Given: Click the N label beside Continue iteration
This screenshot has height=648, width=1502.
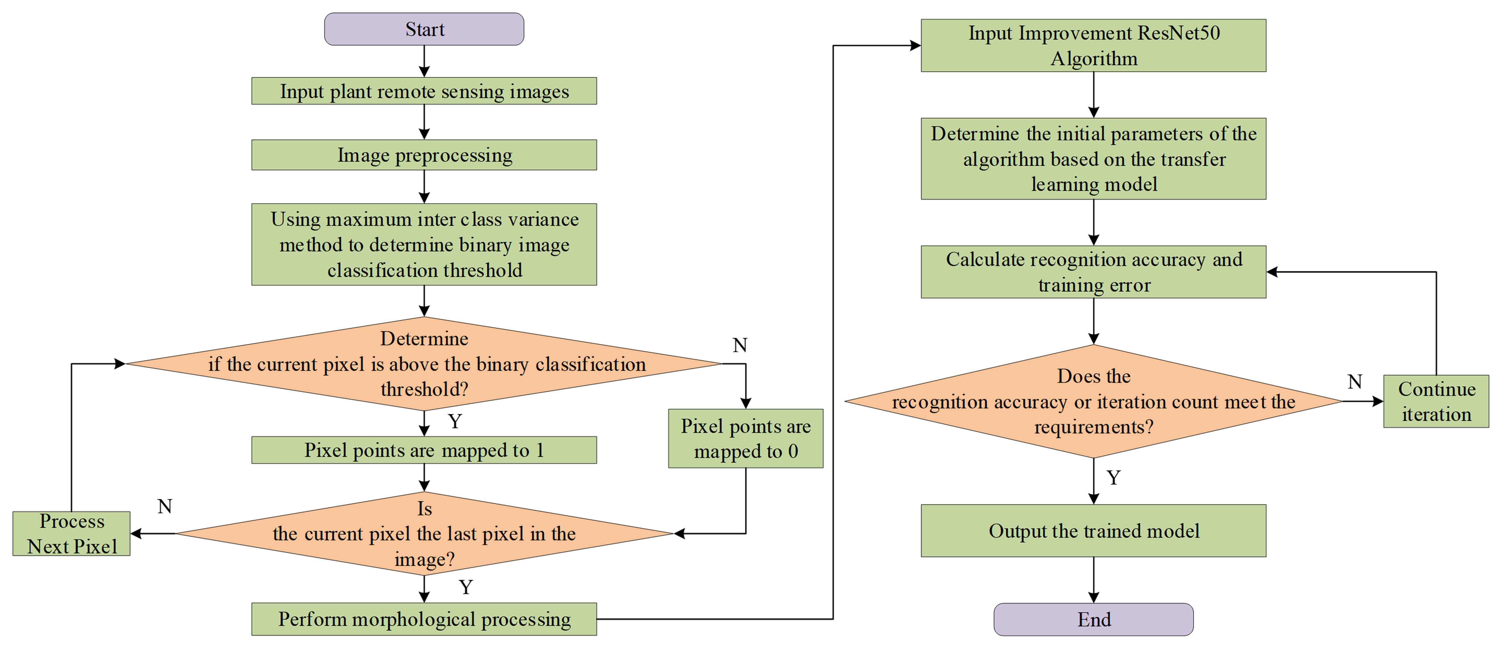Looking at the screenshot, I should pos(1355,382).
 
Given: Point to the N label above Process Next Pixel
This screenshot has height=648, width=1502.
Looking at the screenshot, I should pos(165,506).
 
